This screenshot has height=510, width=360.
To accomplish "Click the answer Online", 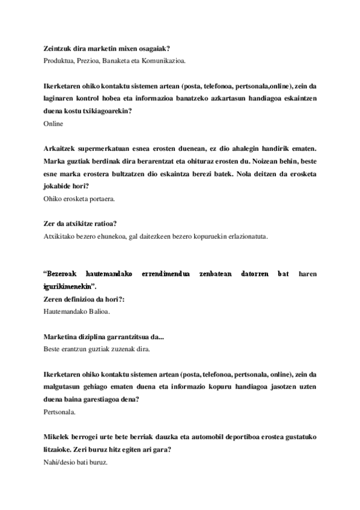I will pos(53,123).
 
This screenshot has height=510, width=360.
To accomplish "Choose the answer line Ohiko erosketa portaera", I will pos(79,198).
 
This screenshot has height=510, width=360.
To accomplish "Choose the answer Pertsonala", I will pos(61,412).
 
